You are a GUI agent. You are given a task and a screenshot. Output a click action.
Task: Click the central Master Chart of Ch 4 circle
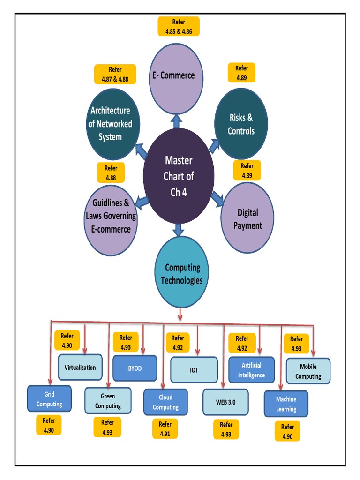[x=179, y=176]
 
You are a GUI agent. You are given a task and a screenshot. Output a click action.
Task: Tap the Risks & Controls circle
[x=241, y=124]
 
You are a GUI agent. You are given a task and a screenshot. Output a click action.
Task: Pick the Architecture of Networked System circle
[x=111, y=124]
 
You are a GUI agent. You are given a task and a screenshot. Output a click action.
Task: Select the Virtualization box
[x=80, y=367]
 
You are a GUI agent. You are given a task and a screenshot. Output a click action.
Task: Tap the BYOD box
[x=135, y=368]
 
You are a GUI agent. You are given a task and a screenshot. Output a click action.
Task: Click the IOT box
[x=194, y=370]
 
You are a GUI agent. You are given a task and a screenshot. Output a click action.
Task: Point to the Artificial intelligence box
[x=251, y=370]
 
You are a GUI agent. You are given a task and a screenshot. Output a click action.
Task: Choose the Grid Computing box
[x=49, y=399]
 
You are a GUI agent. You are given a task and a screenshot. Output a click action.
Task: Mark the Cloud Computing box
[x=165, y=403]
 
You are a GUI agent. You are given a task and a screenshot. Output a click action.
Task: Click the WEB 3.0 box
[x=226, y=402]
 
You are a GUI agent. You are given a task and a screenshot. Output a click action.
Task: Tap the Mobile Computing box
[x=308, y=371]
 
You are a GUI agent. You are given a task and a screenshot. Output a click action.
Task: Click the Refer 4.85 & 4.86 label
[x=179, y=27]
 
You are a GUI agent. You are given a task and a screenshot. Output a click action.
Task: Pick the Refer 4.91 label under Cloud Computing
[x=165, y=428]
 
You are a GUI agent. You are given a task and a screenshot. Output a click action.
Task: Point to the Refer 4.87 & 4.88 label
[x=115, y=74]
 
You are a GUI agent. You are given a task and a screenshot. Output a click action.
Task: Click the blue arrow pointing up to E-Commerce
[x=176, y=121]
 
